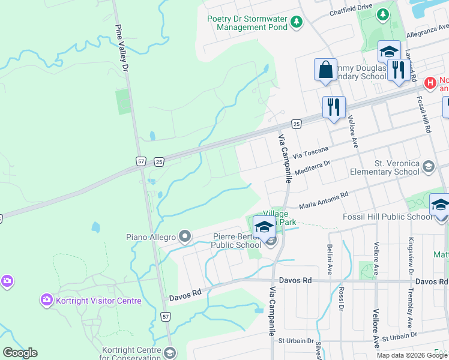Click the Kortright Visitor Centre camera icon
click(x=46, y=299)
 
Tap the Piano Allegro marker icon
click(x=184, y=237)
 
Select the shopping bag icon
click(x=325, y=69)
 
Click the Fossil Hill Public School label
click(x=385, y=217)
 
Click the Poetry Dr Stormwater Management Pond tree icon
click(x=296, y=22)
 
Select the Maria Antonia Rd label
click(x=324, y=199)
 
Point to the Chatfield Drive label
click(x=351, y=13)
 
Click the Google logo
click(x=20, y=353)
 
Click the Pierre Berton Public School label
click(x=236, y=241)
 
